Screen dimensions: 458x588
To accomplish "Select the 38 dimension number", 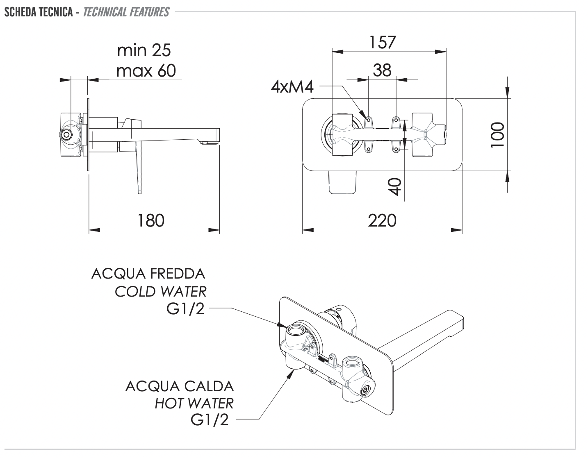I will point(382,70).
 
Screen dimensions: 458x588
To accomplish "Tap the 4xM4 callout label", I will point(292,87).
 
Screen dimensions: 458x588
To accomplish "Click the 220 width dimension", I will point(382,220).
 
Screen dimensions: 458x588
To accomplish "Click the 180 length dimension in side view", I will point(151,220).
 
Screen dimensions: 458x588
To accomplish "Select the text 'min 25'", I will point(144,50).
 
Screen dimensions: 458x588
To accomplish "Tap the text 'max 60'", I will point(146,70).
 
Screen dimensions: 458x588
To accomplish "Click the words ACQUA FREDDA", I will point(148,273).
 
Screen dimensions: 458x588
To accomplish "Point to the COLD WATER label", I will point(160,291).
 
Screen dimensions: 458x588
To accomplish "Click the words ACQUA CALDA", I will point(179,386).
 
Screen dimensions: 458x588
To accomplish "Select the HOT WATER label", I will point(194,404).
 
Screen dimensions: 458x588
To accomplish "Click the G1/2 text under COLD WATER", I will point(185,309).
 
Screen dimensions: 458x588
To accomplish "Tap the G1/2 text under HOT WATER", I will point(210,420).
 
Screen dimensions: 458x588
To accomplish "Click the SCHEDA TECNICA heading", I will point(39,12).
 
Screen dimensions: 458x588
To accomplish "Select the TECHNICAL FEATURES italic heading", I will point(126,12).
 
